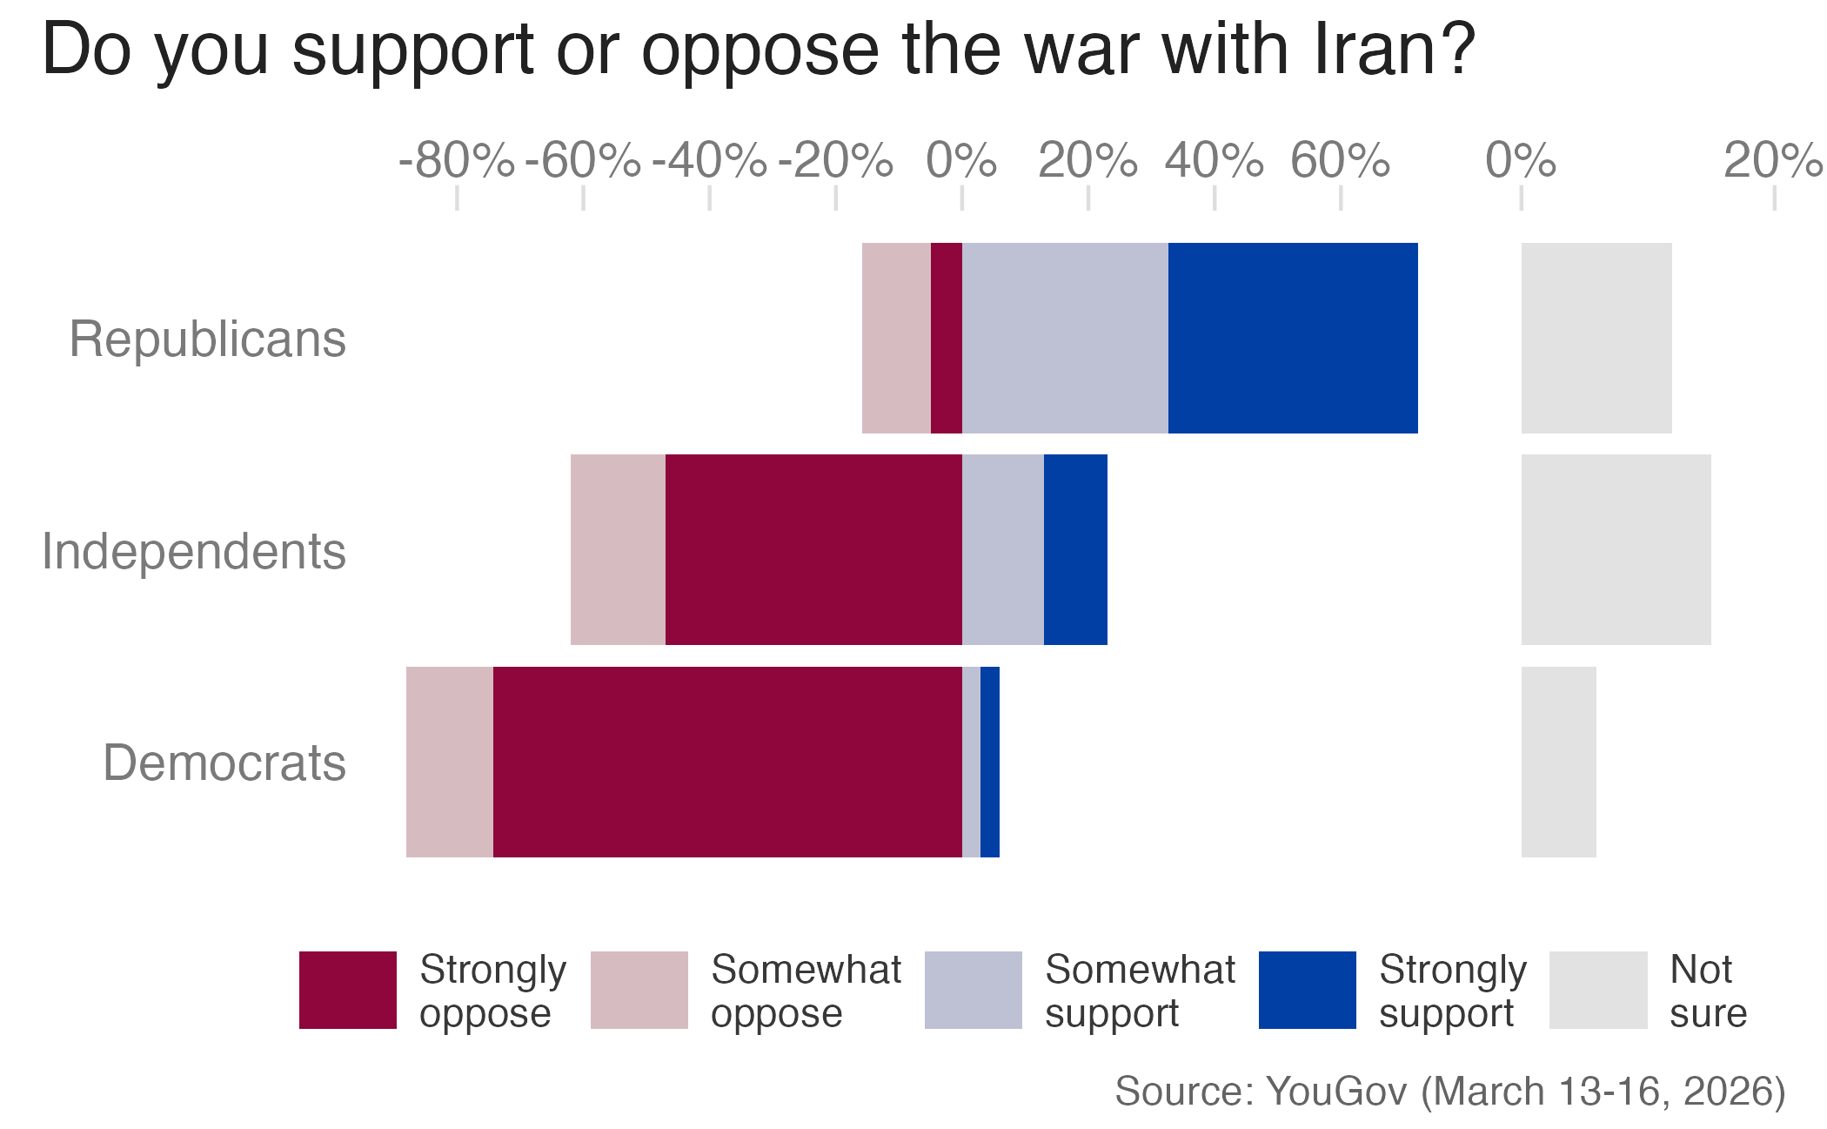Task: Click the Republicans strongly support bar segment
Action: click(x=1293, y=338)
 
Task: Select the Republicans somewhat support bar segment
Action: click(x=1065, y=338)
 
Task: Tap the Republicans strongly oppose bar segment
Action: click(x=947, y=338)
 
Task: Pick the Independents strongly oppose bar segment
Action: click(x=813, y=549)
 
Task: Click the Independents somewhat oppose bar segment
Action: click(x=618, y=549)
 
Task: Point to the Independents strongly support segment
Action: click(x=1075, y=549)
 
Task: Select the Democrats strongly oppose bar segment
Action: click(x=727, y=762)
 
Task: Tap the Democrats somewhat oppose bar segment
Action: click(x=449, y=762)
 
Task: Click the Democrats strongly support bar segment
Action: click(x=990, y=762)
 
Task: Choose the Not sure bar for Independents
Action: click(x=1616, y=549)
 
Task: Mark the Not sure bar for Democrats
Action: click(x=1558, y=762)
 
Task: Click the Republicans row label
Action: click(x=207, y=339)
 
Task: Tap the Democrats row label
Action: click(x=224, y=763)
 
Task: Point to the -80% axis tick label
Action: click(x=456, y=161)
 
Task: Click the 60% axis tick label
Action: click(x=1340, y=161)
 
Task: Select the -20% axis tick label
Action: click(x=835, y=161)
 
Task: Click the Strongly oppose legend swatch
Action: click(x=348, y=990)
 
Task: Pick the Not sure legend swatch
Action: click(x=1598, y=990)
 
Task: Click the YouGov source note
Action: click(x=1449, y=1091)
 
